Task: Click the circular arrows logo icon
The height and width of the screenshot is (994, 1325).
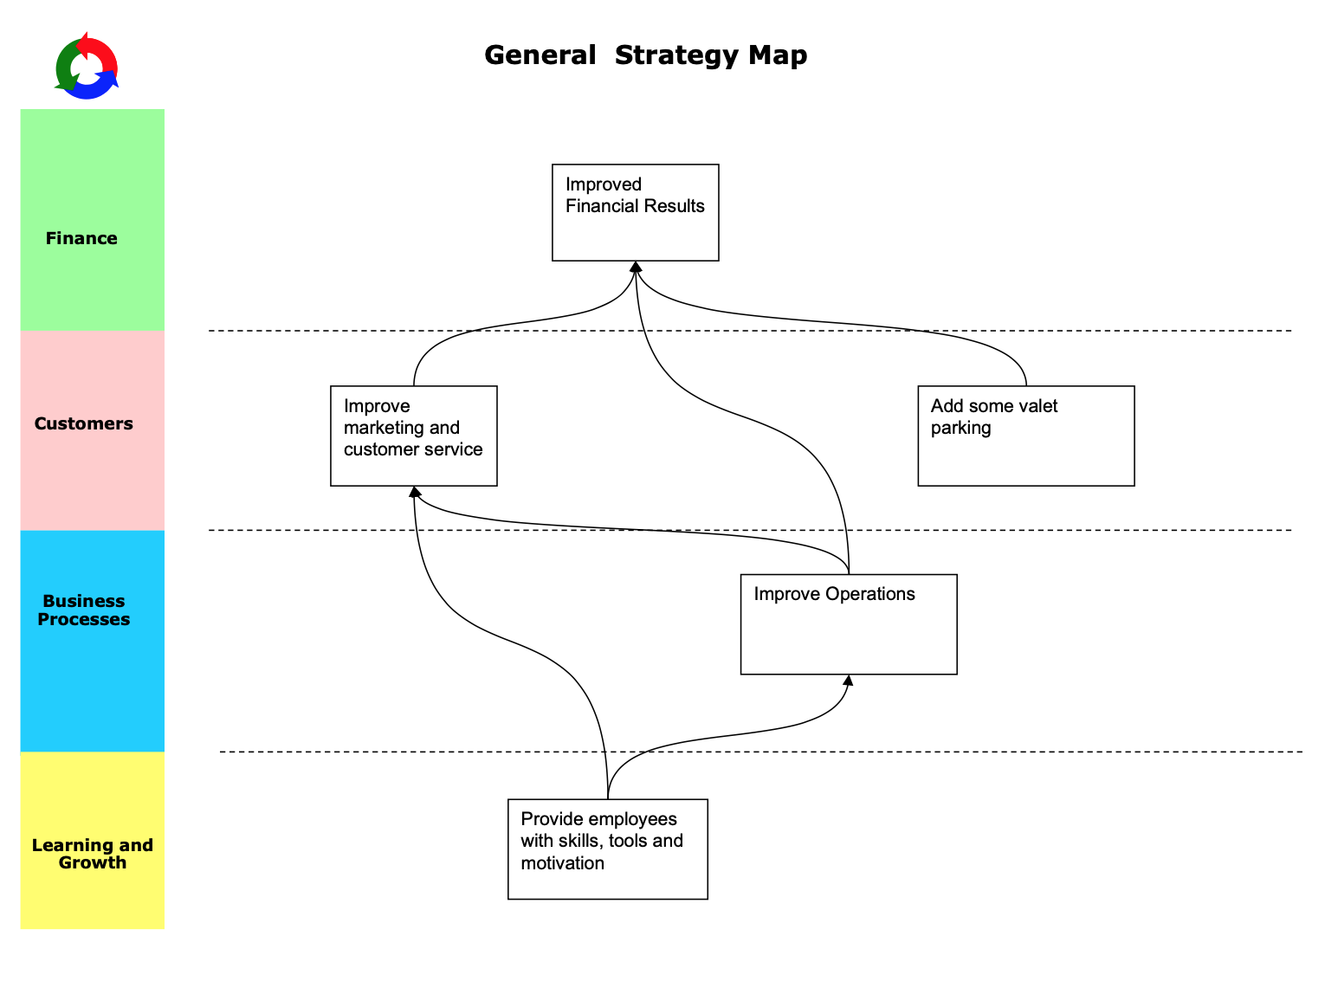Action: pos(86,67)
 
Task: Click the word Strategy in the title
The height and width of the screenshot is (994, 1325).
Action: pos(676,55)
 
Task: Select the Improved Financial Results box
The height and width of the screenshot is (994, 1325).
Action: pos(635,212)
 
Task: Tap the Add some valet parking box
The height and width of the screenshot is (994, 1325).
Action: pos(1025,436)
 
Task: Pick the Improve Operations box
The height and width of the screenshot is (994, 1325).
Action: pos(848,623)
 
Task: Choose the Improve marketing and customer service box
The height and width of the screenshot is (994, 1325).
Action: pos(413,436)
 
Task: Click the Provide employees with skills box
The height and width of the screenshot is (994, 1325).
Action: pos(607,849)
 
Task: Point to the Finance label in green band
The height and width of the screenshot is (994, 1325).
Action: pos(81,238)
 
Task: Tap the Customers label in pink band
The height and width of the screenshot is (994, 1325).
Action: pos(83,423)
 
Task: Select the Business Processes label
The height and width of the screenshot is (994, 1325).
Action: pos(83,610)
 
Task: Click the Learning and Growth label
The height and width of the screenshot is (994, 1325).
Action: pos(92,853)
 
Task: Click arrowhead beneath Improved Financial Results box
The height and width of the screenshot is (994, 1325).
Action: pos(636,267)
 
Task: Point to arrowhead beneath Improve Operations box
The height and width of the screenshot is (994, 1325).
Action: pos(849,681)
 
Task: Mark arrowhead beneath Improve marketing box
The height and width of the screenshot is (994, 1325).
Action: pos(415,492)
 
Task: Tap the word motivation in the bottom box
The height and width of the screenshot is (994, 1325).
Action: pos(562,863)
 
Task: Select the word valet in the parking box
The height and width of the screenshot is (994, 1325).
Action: pos(1037,406)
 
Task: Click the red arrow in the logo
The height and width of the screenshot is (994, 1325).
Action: pos(99,51)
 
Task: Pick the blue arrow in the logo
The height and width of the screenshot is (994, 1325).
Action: pos(97,87)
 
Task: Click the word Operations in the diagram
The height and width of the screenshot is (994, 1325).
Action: pos(869,594)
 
